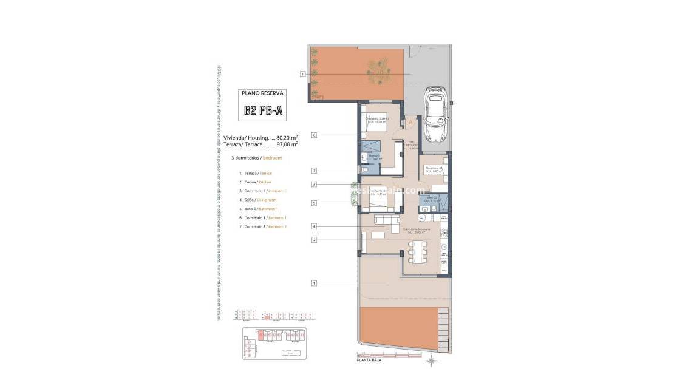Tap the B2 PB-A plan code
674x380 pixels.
pos(262,110)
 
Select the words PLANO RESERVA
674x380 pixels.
pos(262,93)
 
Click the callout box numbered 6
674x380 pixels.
pos(314,135)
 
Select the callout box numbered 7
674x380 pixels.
pos(314,171)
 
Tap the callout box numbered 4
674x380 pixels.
pos(314,226)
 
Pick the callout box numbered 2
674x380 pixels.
pos(314,240)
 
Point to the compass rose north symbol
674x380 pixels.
pos(431,362)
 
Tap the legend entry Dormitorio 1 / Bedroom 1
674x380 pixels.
pos(263,217)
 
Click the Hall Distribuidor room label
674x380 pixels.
pos(410,146)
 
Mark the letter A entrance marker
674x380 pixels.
pos(410,122)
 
